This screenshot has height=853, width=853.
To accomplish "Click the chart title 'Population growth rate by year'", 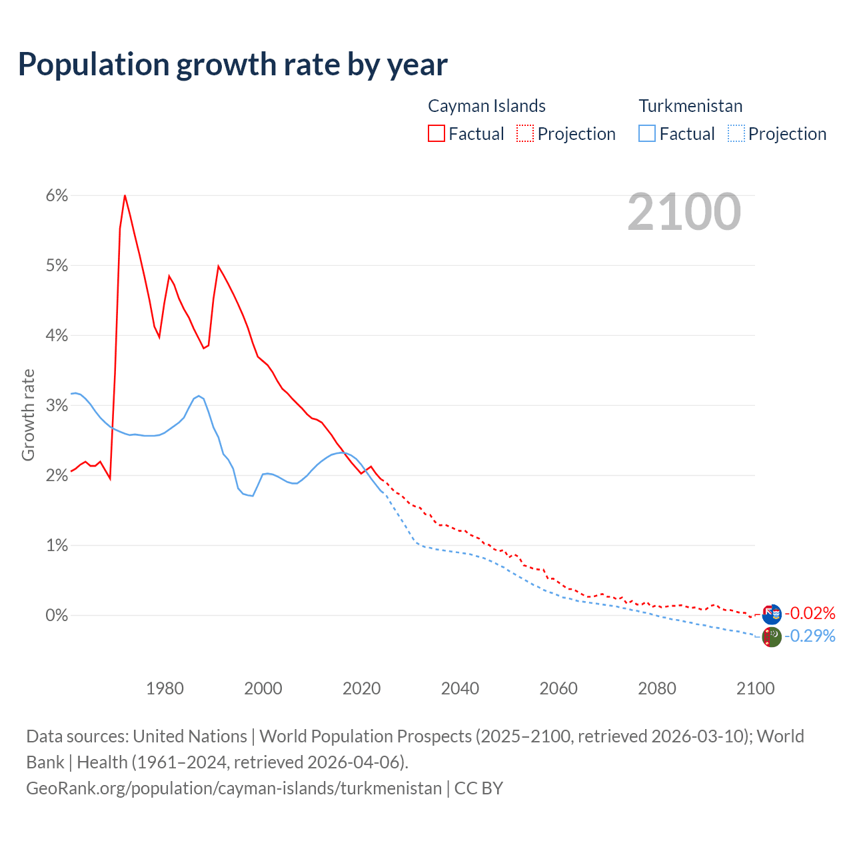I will pyautogui.click(x=233, y=65).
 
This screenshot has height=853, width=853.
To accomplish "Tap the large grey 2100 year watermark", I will pyautogui.click(x=684, y=212).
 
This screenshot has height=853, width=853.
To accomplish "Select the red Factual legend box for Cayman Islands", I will pyautogui.click(x=436, y=133).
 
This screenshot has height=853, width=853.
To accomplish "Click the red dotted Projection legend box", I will pyautogui.click(x=525, y=133).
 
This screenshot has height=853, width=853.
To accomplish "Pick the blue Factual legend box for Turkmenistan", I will pyautogui.click(x=647, y=133).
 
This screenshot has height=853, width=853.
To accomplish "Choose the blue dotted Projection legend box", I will pyautogui.click(x=736, y=133).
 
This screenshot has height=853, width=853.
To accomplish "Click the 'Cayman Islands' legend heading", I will pyautogui.click(x=486, y=106).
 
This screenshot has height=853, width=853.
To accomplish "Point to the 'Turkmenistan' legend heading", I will pyautogui.click(x=690, y=106).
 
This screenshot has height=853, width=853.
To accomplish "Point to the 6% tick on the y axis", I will pyautogui.click(x=57, y=195).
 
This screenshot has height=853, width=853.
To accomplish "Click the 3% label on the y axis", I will pyautogui.click(x=57, y=405).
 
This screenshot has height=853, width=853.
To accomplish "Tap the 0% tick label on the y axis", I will pyautogui.click(x=57, y=615).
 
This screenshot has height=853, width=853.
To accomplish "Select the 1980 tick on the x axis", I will pyautogui.click(x=165, y=688).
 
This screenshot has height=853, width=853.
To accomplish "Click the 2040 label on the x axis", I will pyautogui.click(x=460, y=688).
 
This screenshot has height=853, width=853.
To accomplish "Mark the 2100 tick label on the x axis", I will pyautogui.click(x=755, y=688).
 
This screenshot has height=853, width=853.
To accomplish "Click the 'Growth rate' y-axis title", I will pyautogui.click(x=28, y=415).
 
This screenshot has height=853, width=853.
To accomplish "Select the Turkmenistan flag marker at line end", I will pyautogui.click(x=771, y=637).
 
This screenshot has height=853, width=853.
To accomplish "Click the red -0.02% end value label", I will pyautogui.click(x=810, y=613).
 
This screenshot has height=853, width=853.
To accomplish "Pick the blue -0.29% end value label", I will pyautogui.click(x=810, y=636).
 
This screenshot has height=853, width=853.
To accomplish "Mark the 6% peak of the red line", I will pyautogui.click(x=125, y=195).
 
